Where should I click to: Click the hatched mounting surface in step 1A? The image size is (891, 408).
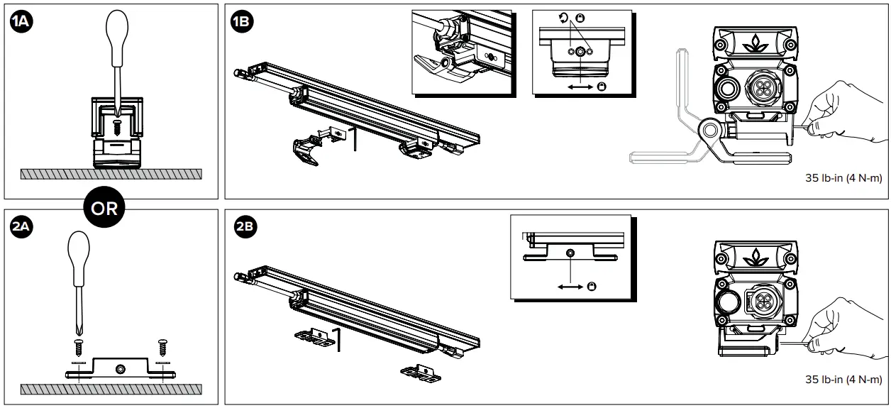pyautogui.click(x=111, y=173)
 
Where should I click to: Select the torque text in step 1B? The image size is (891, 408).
pyautogui.click(x=843, y=178)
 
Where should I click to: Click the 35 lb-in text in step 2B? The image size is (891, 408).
pyautogui.click(x=843, y=380)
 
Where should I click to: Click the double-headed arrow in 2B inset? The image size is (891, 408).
pyautogui.click(x=571, y=286)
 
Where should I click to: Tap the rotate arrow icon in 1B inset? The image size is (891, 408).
pyautogui.click(x=564, y=19)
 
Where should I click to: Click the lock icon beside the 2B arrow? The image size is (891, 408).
pyautogui.click(x=592, y=286)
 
